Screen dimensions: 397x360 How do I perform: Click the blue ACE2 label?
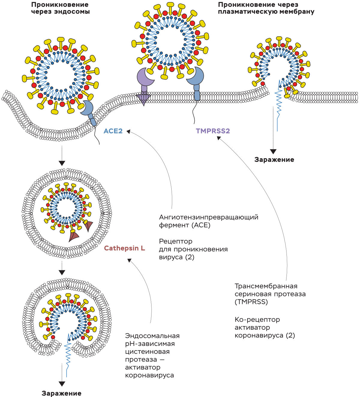click(113, 131)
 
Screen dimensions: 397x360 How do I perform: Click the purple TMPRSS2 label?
click(213, 131)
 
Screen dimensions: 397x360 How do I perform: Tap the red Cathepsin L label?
click(124, 248)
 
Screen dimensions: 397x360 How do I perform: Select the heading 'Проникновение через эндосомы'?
click(60, 8)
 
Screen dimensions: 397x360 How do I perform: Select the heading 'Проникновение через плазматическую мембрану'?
click(266, 8)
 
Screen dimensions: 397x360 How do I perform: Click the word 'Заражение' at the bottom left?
click(61, 393)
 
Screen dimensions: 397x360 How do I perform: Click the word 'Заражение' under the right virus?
click(274, 160)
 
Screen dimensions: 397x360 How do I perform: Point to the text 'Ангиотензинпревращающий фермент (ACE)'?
click(208, 221)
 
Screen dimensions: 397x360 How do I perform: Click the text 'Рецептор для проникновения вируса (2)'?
click(193, 249)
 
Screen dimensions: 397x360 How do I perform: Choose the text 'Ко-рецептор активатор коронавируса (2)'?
click(265, 328)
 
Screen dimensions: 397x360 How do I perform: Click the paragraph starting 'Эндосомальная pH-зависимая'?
click(152, 356)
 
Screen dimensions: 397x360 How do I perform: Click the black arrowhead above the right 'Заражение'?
click(273, 152)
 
